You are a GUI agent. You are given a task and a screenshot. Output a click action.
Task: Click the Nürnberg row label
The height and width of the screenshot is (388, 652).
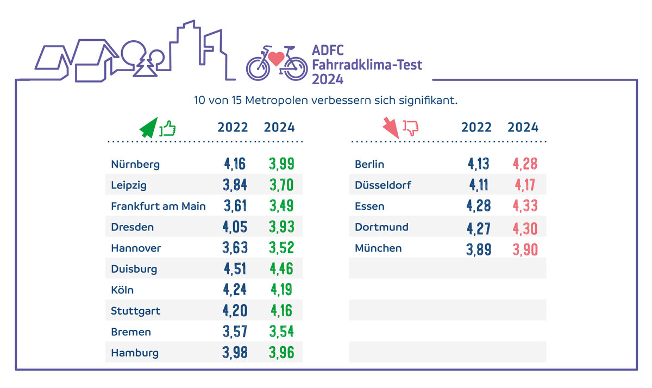point(135,164)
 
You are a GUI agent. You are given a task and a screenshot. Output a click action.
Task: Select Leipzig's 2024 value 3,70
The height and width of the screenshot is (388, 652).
point(281,185)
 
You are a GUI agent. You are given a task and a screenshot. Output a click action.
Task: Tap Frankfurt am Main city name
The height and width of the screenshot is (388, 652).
point(158,206)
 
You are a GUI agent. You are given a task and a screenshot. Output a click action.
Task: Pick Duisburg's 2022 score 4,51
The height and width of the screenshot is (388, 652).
point(235,269)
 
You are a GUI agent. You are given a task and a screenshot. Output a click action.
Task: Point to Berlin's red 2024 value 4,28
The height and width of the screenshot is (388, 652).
point(525,164)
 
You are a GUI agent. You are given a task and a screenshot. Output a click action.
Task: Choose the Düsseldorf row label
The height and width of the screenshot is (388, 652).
point(383,185)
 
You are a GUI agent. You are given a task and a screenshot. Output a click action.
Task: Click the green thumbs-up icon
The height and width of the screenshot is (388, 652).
point(168,128)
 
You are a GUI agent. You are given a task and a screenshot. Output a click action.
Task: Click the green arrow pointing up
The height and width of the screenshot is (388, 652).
point(148,128)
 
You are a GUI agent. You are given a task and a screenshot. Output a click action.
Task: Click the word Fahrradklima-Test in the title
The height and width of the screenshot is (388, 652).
point(367,65)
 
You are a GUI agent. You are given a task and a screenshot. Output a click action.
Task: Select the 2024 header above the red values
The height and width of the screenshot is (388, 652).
point(523,128)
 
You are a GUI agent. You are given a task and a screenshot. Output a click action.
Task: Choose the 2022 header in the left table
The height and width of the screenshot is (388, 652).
point(233,128)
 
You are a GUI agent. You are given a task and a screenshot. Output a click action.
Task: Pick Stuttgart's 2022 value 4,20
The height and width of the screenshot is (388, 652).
point(235,311)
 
